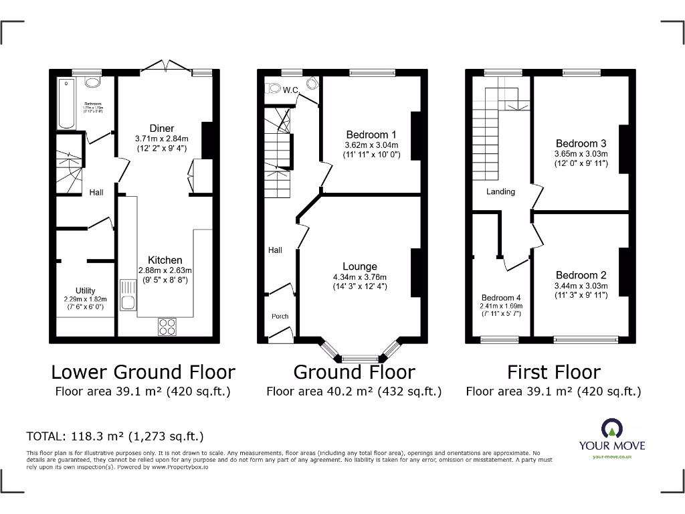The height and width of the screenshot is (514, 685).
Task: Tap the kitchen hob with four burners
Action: point(167,326)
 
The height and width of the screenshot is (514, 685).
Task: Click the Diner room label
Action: point(162,128)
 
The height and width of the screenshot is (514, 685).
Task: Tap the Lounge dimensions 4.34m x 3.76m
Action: point(360,277)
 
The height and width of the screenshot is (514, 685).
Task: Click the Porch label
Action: point(280,317)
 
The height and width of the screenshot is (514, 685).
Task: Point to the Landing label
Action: point(500,191)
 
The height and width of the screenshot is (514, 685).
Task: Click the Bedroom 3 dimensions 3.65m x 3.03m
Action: point(581,153)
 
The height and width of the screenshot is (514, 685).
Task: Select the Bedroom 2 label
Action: point(581,275)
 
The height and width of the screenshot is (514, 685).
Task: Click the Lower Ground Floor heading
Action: point(143,372)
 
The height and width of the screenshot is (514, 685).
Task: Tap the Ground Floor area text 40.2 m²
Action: point(354,392)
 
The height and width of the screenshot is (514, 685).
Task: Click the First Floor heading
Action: point(553,372)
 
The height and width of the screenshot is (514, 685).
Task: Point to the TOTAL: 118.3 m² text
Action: point(115,436)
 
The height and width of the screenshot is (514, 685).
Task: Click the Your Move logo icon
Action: point(611,428)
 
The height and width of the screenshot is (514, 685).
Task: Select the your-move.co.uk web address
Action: point(611,456)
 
